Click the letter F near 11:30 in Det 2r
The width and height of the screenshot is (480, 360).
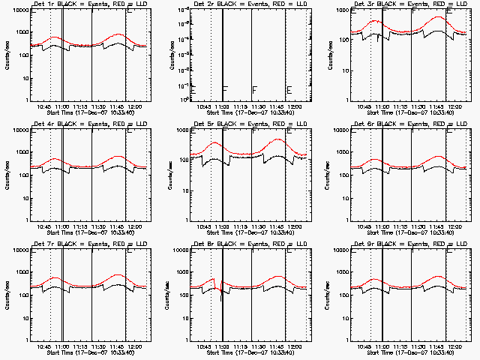click(x=255, y=90)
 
